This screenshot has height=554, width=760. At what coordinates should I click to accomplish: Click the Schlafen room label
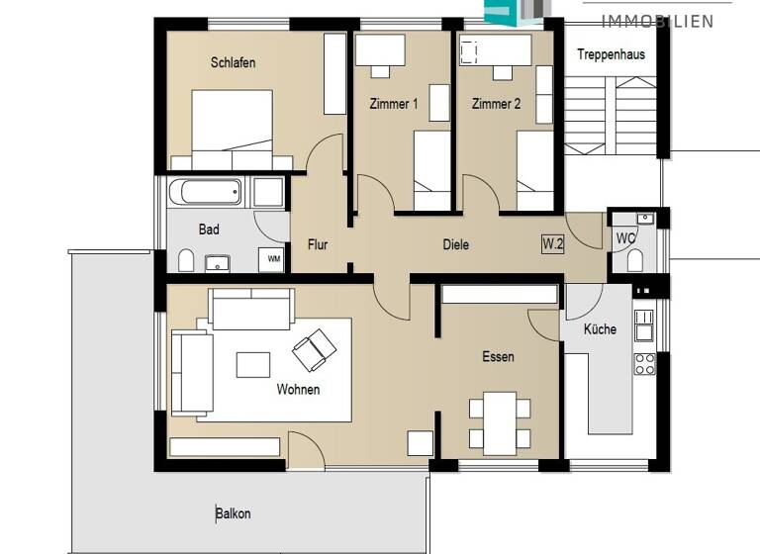233,62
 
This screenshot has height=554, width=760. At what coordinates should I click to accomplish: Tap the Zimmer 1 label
393,104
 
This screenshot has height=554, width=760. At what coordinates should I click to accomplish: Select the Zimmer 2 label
496,104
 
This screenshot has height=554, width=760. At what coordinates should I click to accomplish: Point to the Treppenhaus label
611,54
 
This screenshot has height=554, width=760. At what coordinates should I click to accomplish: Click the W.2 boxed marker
552,244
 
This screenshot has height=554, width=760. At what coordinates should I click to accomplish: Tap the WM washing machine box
271,259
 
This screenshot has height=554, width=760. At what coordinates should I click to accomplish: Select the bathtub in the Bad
205,191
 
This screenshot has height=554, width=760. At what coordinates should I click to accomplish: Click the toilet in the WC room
635,260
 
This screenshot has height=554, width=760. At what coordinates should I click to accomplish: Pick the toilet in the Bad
185,260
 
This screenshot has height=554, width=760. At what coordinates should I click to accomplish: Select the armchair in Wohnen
314,347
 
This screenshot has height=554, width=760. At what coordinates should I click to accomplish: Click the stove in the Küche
644,363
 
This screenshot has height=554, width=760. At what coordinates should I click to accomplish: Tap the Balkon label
234,513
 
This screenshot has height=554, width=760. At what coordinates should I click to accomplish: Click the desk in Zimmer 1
380,48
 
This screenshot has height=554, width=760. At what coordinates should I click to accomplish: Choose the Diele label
455,244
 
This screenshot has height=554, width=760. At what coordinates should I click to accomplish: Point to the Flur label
318,244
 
